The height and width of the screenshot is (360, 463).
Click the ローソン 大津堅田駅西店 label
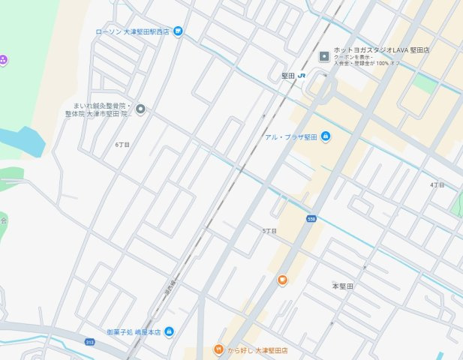pyautogui.click(x=133, y=31)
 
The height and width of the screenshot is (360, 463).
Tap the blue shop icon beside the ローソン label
pyautogui.click(x=178, y=31)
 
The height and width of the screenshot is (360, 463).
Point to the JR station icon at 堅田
pyautogui.click(x=302, y=76)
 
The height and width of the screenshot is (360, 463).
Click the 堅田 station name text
pyautogui.click(x=287, y=76)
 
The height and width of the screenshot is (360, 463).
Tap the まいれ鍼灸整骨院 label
pyautogui.click(x=102, y=109)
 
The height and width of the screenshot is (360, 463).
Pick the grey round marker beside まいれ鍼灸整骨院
pyautogui.click(x=140, y=109)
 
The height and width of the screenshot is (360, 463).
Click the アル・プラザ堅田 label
pyautogui.click(x=291, y=136)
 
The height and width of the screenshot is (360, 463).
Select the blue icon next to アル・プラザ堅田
pyautogui.click(x=326, y=136)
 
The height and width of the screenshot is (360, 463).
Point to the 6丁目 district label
pyautogui.click(x=122, y=144)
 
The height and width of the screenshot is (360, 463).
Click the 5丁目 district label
pyautogui.click(x=269, y=231)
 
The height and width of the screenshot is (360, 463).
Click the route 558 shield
pyautogui.click(x=311, y=218)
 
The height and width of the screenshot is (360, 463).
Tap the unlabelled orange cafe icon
pyautogui.click(x=283, y=280)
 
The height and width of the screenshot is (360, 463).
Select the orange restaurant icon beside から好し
pyautogui.click(x=218, y=349)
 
